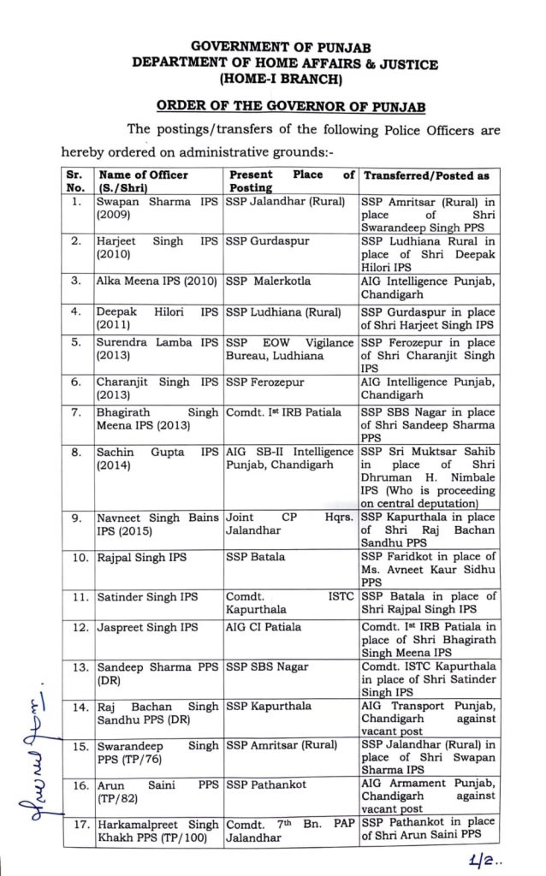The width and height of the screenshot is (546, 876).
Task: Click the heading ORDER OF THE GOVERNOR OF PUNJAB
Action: tap(279, 107)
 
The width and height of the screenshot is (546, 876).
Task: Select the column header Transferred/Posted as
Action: tap(427, 175)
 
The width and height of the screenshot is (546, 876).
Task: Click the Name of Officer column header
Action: tap(142, 181)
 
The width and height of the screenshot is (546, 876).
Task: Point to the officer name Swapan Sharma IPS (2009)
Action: tap(157, 209)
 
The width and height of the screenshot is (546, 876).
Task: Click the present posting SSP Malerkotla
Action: tap(269, 281)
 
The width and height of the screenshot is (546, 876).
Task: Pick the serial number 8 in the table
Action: tap(77, 452)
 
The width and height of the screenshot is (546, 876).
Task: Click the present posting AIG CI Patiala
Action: tap(264, 627)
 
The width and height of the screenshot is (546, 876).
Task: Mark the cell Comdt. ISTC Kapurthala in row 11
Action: tap(289, 603)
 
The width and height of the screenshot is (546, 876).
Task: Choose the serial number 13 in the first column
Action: tap(77, 666)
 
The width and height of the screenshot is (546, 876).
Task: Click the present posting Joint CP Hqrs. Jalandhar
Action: tap(289, 524)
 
